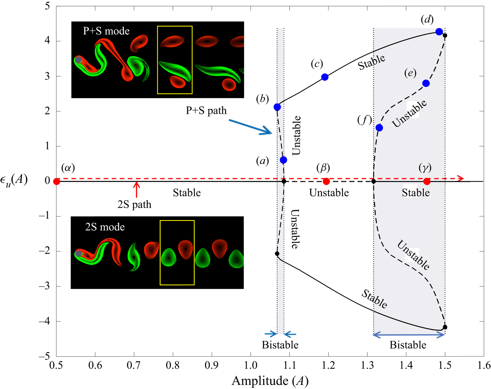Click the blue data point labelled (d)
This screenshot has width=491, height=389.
tap(439, 32)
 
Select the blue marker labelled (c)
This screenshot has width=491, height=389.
tap(325, 77)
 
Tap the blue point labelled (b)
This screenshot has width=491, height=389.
tap(277, 107)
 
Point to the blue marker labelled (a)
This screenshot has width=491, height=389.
tap(283, 160)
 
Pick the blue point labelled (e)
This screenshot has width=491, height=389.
tap(426, 83)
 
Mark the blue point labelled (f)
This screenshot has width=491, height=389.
tap(379, 128)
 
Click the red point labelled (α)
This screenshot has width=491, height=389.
tap(57, 182)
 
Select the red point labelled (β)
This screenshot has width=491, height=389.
tap(326, 182)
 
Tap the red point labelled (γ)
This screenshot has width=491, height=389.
tap(427, 182)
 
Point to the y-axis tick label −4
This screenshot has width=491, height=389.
tap(44, 321)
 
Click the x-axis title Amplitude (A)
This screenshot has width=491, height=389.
tap(270, 381)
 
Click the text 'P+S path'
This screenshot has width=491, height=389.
tap(206, 111)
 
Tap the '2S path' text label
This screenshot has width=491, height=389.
tap(134, 205)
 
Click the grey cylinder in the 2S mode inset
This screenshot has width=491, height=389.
tap(79, 253)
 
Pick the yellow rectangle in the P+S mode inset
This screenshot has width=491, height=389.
tap(175, 60)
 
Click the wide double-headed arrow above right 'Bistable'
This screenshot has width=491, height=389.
tap(409, 335)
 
